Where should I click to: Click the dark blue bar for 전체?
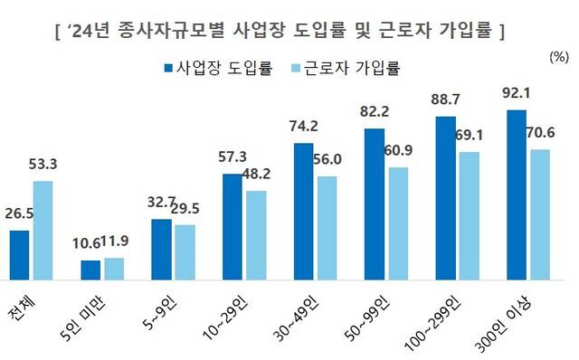(x=20, y=256)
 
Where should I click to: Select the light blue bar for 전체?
(x=43, y=232)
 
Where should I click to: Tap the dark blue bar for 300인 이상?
(x=516, y=195)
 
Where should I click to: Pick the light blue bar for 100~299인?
(x=469, y=217)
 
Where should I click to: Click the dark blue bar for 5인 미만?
(x=91, y=271)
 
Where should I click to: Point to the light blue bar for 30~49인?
(x=327, y=229)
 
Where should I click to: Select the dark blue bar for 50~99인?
(x=375, y=205)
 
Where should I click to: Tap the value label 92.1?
(x=515, y=94)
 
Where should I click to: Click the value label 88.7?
(x=445, y=99)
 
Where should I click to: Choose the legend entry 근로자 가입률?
(x=348, y=68)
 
